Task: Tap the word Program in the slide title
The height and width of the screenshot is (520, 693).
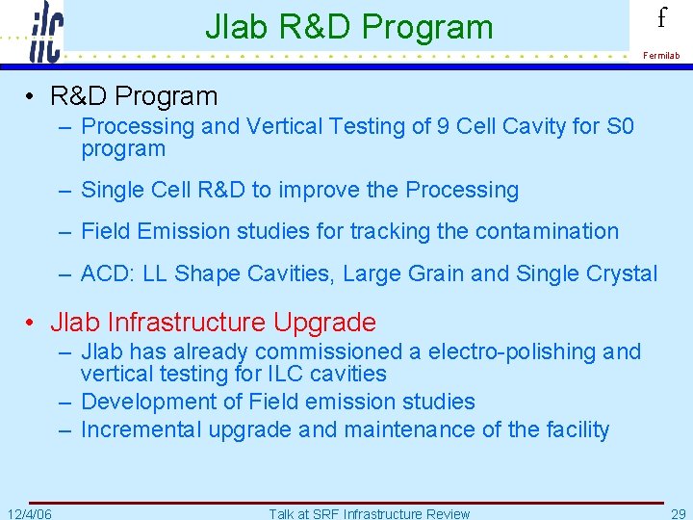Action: click(435, 27)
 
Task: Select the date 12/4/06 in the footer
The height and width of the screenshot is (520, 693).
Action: click(29, 513)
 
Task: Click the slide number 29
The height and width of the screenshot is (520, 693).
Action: click(676, 513)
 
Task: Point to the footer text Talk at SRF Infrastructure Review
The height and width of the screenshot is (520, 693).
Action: click(369, 513)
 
